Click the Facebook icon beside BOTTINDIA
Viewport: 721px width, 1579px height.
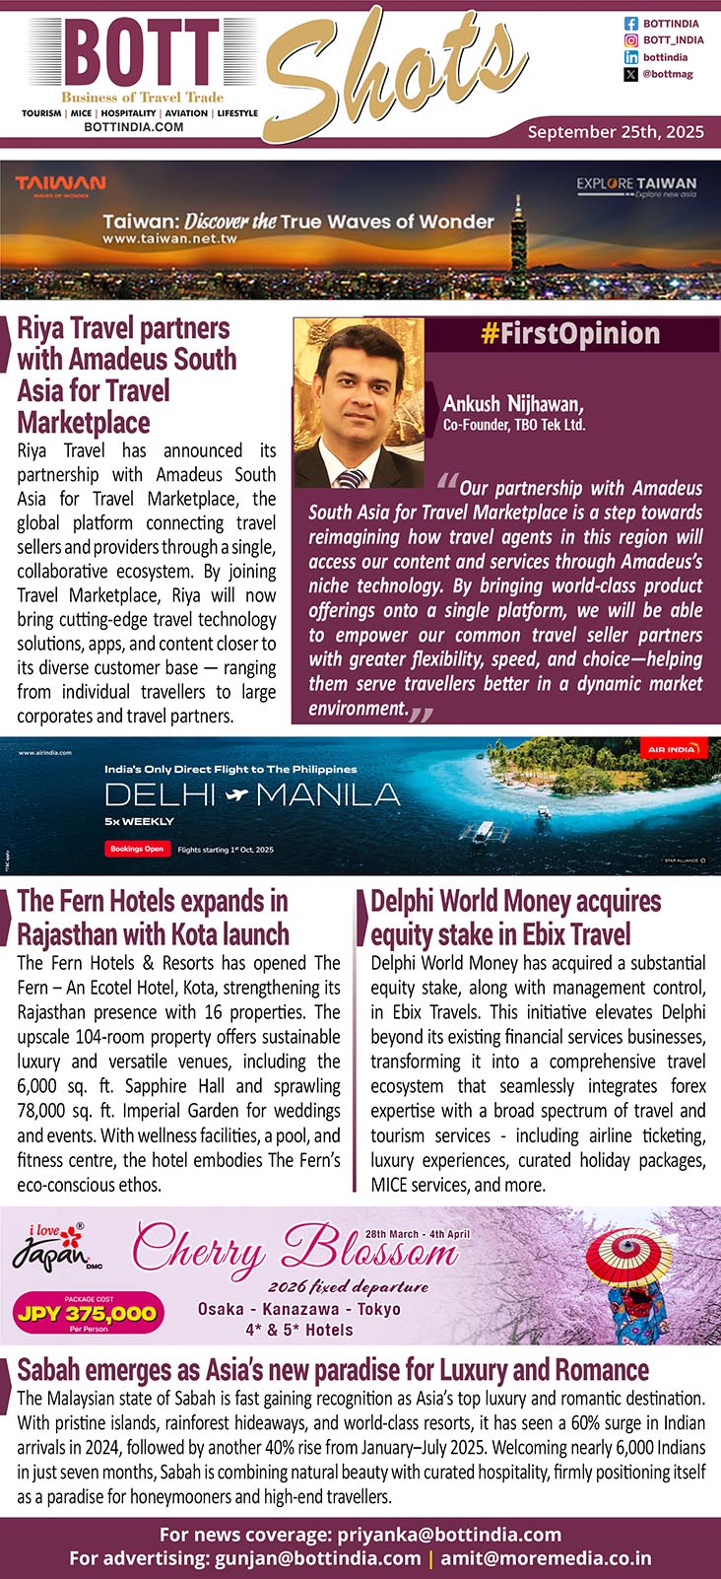tap(631, 24)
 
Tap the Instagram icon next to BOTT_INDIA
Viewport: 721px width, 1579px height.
tap(631, 40)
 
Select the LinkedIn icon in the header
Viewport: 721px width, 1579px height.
tap(631, 57)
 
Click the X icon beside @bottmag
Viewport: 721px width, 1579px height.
tap(631, 74)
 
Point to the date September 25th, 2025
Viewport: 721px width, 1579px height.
tap(616, 131)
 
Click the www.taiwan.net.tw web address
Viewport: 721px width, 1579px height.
tap(169, 240)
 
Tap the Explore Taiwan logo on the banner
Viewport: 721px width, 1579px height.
tap(636, 186)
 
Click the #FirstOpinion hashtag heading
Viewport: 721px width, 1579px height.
tap(570, 334)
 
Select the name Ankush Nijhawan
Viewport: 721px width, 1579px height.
tap(513, 404)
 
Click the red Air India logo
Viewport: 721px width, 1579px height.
tap(674, 749)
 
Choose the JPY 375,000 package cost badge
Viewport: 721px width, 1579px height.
tap(87, 1313)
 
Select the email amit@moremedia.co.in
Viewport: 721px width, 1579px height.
tap(546, 1558)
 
